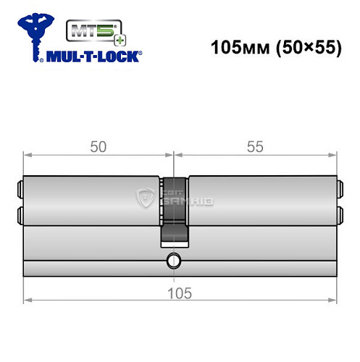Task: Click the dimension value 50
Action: point(98,146)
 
